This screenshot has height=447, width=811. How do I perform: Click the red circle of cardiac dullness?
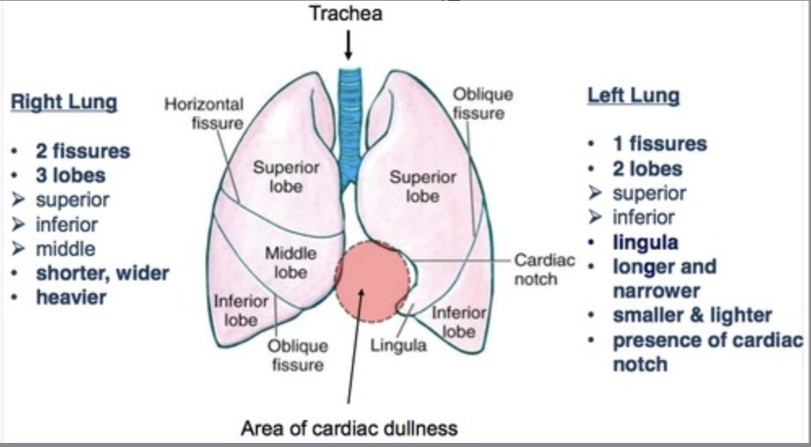tap(371, 280)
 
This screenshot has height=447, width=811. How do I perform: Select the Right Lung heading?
tap(63, 103)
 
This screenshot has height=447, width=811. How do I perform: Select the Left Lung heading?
tap(633, 96)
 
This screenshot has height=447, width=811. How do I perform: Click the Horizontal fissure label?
tap(204, 114)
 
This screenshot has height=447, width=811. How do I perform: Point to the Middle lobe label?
tap(290, 263)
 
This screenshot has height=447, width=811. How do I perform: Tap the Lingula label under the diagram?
tap(398, 345)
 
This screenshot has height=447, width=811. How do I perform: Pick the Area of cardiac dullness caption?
tap(349, 427)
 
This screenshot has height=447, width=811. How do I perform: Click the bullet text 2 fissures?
tap(82, 151)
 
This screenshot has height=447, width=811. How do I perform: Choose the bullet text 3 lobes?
tap(70, 176)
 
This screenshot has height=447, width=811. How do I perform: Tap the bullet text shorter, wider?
tap(102, 273)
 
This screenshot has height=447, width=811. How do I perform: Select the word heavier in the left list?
tap(71, 297)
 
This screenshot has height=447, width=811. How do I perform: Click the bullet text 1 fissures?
tap(659, 145)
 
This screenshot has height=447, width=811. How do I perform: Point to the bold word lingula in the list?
tap(645, 242)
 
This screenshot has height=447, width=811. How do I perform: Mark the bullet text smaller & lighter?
tap(692, 315)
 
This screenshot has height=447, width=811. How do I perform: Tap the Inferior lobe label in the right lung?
tap(241, 310)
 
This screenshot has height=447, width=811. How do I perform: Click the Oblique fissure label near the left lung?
tap(483, 103)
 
